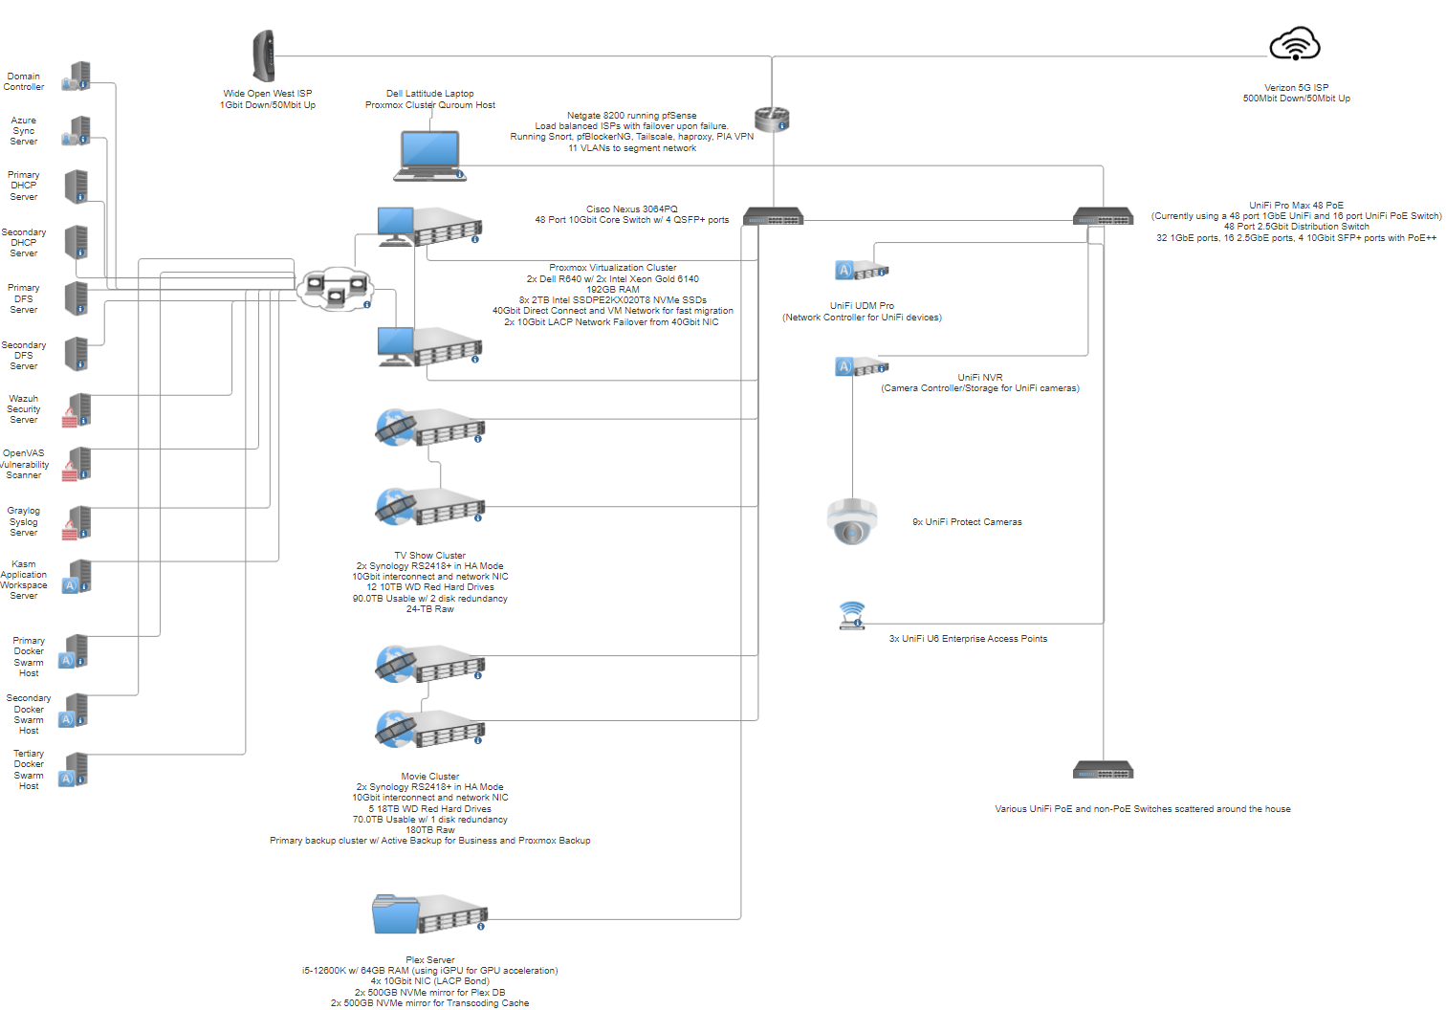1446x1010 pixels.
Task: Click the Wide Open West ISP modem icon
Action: pos(263,56)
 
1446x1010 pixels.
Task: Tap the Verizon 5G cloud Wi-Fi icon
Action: pos(1294,44)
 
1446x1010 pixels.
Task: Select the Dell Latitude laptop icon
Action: pos(430,156)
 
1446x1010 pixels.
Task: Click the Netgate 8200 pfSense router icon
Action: pos(772,120)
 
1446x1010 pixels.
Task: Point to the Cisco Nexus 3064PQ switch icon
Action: pos(774,216)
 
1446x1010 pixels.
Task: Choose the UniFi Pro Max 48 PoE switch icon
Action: pos(1103,216)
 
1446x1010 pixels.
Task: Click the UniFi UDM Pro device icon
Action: pos(861,270)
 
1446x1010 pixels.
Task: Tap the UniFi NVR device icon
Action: pos(861,367)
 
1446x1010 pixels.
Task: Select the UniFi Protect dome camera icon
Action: pos(852,521)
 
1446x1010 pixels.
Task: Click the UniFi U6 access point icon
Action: pos(851,615)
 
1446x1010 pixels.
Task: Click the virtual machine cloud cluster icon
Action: pos(335,289)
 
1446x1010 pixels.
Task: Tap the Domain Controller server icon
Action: pos(77,77)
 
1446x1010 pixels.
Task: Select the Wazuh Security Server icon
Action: pos(77,410)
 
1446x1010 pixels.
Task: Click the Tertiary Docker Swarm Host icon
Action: pos(74,770)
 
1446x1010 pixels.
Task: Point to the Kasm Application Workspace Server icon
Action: pos(77,577)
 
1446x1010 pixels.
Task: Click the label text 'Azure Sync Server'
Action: pos(24,130)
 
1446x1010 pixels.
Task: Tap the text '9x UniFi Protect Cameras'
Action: pos(966,522)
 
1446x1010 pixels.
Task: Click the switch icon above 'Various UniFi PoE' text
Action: pos(1103,770)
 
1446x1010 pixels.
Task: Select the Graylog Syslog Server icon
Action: pos(77,522)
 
